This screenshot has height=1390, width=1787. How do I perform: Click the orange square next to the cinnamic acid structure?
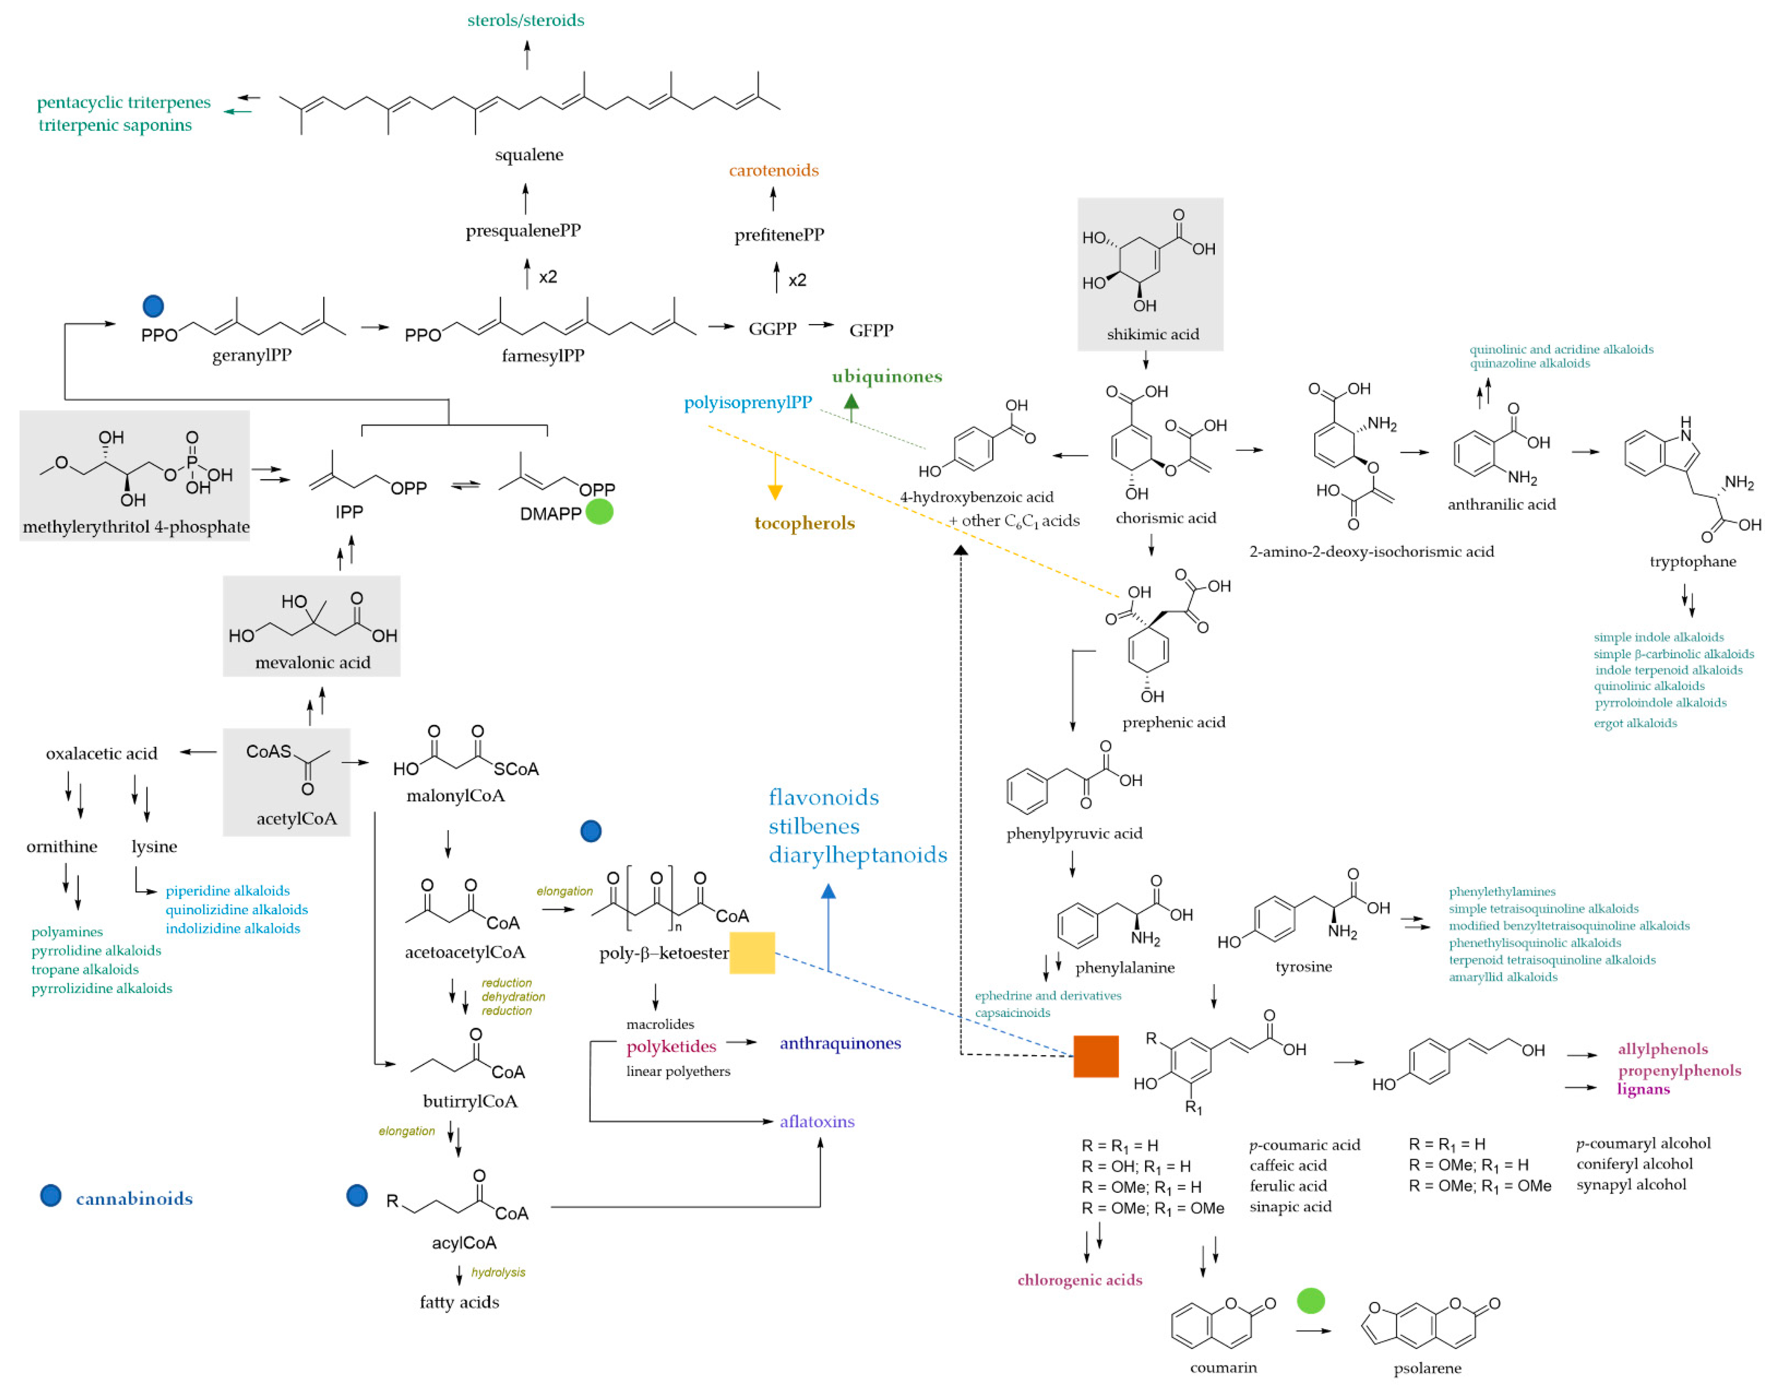[1096, 1056]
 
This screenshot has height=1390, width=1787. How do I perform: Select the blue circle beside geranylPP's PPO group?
[153, 306]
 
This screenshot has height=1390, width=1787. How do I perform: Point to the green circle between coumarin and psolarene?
[1311, 1301]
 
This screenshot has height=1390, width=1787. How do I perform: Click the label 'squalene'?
[528, 155]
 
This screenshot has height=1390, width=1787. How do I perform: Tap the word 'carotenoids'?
[773, 170]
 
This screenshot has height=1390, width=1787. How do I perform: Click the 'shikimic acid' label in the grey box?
[1152, 334]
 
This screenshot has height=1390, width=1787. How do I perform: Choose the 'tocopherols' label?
[804, 523]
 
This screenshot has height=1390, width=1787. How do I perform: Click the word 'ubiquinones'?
[887, 376]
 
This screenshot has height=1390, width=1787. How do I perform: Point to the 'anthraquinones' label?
[840, 1043]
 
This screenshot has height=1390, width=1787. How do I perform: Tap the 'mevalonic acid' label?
[312, 663]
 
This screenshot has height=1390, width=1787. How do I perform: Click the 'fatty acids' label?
[459, 1302]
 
